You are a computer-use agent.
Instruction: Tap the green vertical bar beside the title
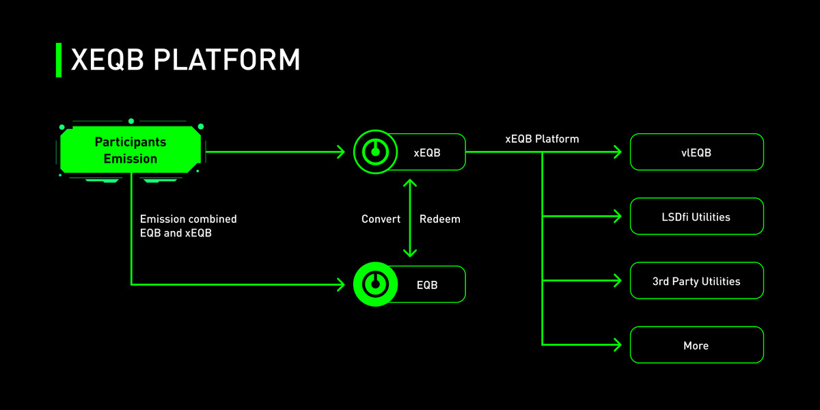click(x=58, y=60)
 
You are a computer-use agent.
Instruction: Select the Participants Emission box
click(x=131, y=150)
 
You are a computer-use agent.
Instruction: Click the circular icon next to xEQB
click(x=374, y=152)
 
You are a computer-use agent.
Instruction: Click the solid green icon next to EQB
click(x=374, y=284)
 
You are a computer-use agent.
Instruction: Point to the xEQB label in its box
click(x=427, y=152)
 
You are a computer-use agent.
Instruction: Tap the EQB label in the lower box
click(x=427, y=285)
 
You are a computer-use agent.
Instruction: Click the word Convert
click(x=381, y=219)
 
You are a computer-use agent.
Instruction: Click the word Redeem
click(x=439, y=219)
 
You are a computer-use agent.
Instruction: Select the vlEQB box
click(x=696, y=152)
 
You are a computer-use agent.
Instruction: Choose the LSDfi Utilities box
click(x=696, y=217)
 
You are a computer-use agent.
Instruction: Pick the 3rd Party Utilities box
click(x=696, y=281)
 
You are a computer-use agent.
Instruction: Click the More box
click(x=696, y=345)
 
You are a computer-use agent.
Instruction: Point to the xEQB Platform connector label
click(x=542, y=139)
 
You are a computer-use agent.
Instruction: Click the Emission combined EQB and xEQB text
click(x=188, y=226)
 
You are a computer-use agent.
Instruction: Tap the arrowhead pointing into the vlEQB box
click(x=617, y=152)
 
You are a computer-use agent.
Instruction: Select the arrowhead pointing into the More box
click(x=617, y=344)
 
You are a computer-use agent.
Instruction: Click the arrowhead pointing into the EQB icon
click(x=341, y=284)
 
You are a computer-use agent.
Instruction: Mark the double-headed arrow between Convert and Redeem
click(x=410, y=218)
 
